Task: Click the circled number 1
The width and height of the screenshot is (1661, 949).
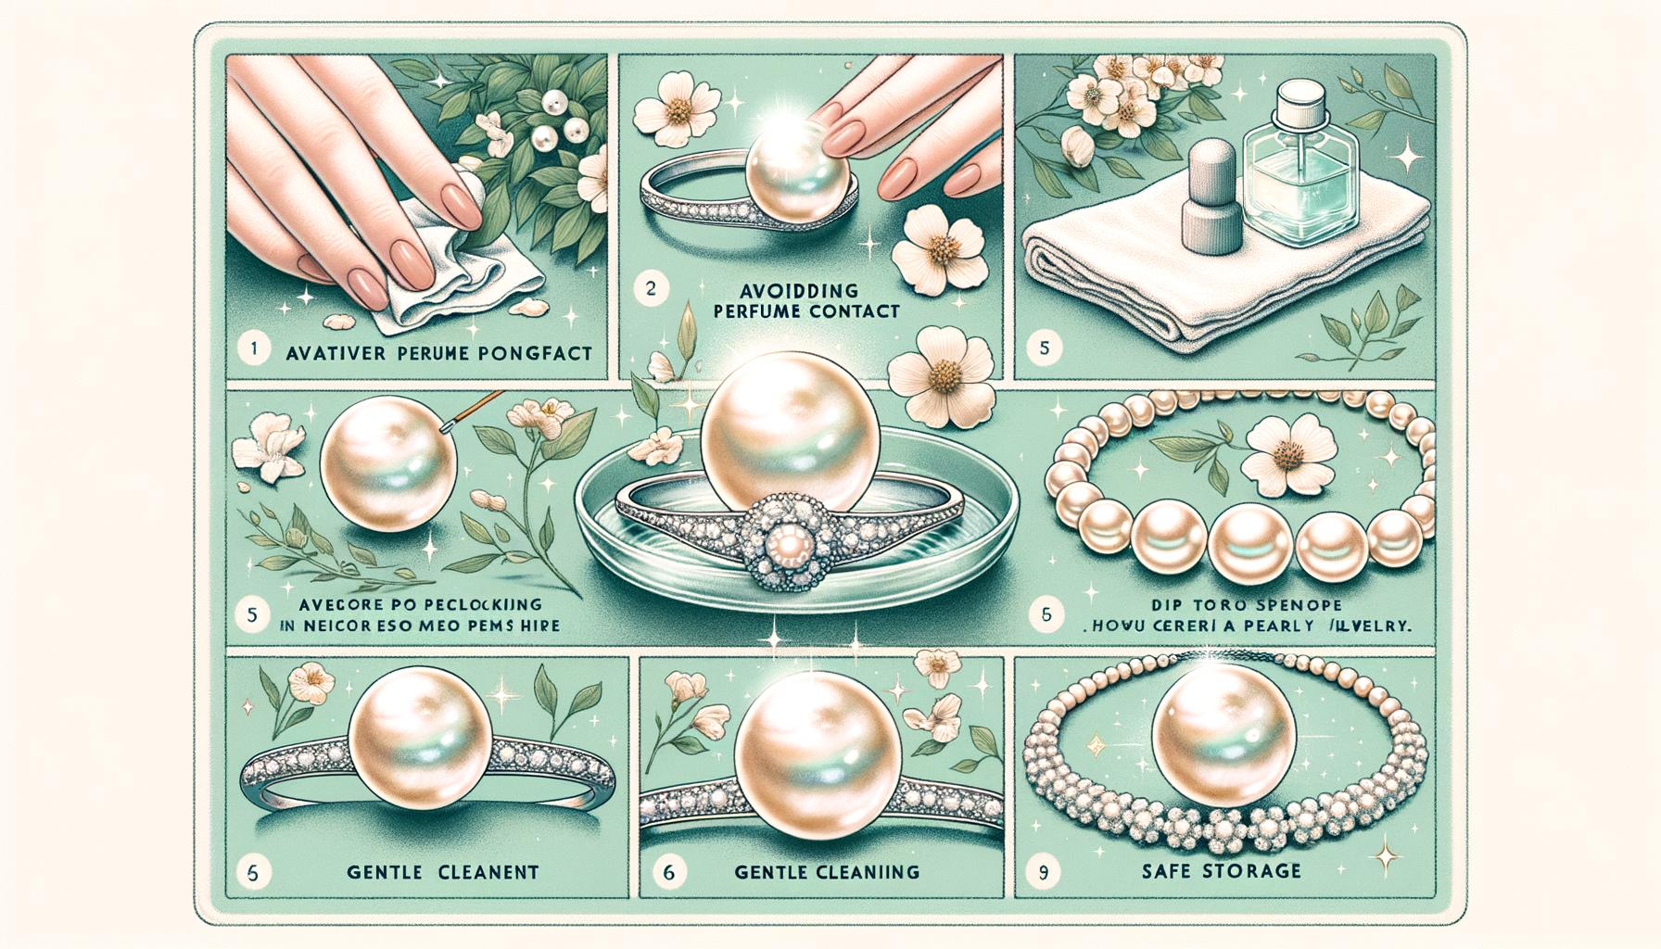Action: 252,351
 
